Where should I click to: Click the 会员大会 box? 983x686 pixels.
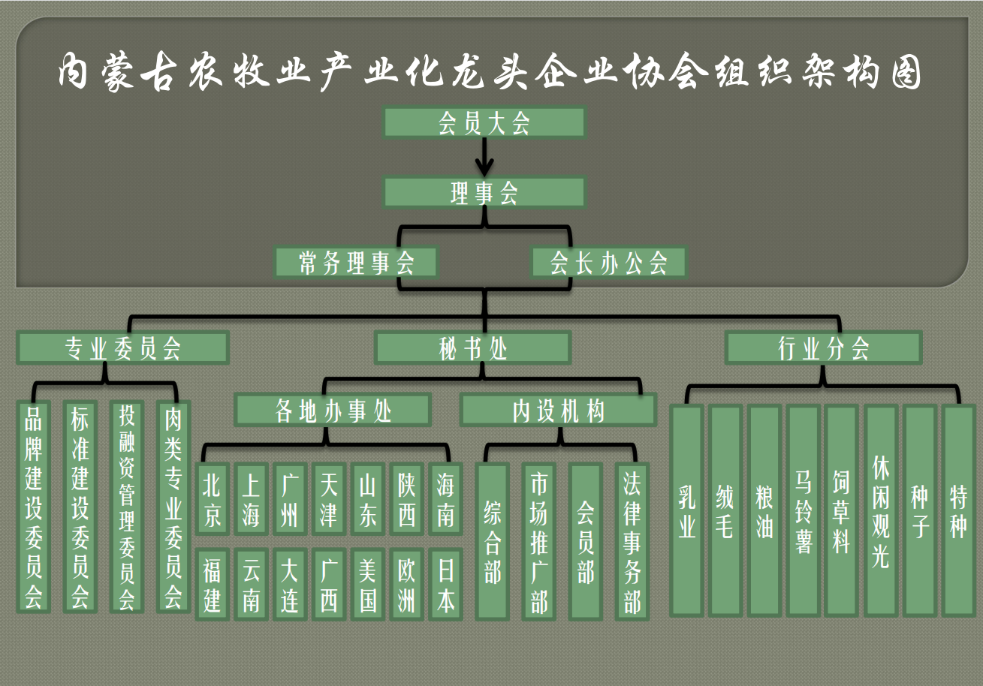(484, 122)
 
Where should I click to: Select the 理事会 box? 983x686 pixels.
(484, 193)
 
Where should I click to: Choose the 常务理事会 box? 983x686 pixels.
(356, 263)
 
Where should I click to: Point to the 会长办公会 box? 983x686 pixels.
(608, 263)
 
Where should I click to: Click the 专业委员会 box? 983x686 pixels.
(122, 348)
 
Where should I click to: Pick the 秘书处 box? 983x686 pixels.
(473, 348)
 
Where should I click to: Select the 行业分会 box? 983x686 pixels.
(823, 348)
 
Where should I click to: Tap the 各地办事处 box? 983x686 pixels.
(333, 411)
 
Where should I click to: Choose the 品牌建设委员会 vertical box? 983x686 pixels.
(34, 507)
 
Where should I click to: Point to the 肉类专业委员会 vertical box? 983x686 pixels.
(173, 507)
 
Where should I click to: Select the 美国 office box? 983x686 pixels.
(368, 585)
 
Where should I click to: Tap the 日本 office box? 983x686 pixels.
(446, 585)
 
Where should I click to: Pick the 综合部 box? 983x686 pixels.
(492, 541)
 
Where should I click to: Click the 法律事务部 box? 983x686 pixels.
(632, 541)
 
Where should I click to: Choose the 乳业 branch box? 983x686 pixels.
(687, 510)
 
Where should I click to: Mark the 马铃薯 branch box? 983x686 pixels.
(803, 510)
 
